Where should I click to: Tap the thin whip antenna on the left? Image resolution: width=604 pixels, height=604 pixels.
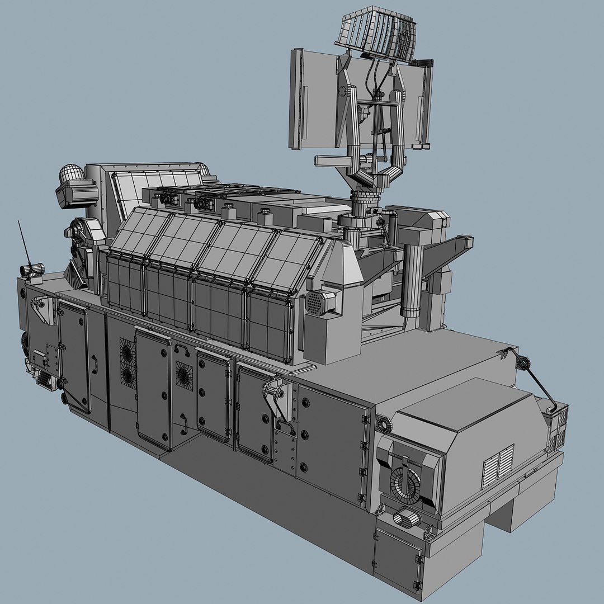[x=23, y=240]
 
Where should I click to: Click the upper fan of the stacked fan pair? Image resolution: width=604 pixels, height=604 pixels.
[x=127, y=352]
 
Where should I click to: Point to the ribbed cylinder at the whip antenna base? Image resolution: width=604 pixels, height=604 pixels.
[x=32, y=270]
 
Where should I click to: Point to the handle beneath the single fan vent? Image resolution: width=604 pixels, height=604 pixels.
[x=183, y=422]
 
